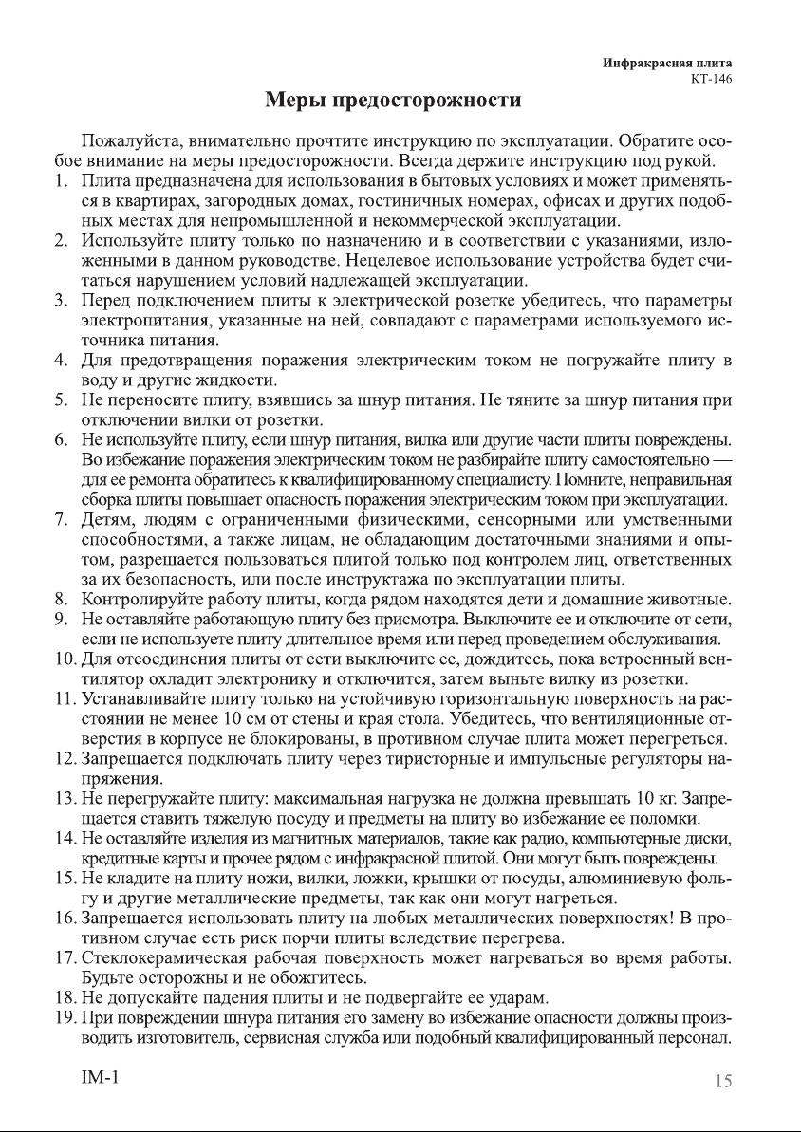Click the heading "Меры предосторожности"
[393, 100]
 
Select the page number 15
[722, 1080]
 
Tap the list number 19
[63, 1017]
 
